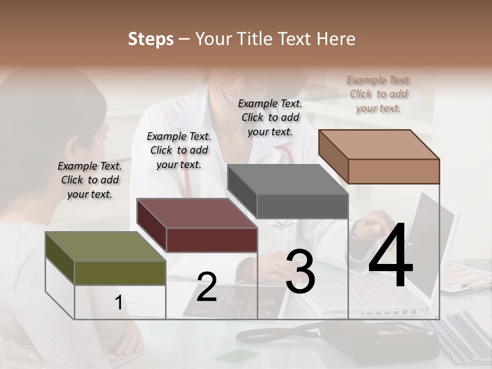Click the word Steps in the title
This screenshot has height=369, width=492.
151,39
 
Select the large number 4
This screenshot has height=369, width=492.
391,256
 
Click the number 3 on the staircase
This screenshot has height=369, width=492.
300,272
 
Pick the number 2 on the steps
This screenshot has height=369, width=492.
207,287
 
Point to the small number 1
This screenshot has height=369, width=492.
118,303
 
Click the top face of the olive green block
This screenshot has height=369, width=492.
105,247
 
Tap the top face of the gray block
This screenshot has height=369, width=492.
287,179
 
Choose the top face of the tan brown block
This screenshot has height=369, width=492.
378,144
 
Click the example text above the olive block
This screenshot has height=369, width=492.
90,180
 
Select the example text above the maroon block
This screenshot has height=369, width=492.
179,150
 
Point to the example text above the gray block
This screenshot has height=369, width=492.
270,117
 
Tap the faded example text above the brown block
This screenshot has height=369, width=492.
379,94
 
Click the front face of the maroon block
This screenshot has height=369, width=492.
212,240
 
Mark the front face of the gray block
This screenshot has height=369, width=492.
302,206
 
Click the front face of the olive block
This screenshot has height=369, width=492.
120,273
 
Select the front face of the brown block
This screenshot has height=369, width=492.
394,171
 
